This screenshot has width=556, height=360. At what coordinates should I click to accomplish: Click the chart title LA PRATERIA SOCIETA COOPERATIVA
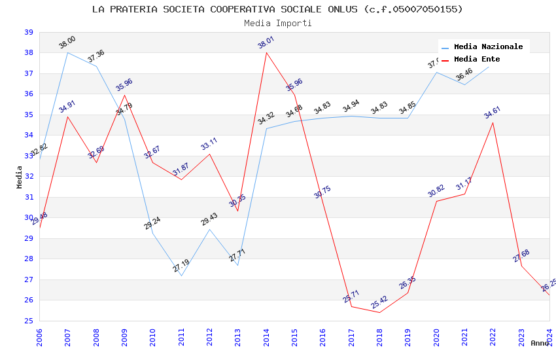(277, 9)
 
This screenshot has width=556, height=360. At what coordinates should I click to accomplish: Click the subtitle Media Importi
(277, 23)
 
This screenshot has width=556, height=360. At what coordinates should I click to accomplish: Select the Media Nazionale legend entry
(488, 46)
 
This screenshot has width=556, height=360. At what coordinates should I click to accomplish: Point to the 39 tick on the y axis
(28, 32)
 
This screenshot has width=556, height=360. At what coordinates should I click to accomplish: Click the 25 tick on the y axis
(28, 321)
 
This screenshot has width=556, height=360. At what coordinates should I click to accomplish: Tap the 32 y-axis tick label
(28, 177)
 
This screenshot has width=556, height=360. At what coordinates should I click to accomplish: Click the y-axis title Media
(20, 177)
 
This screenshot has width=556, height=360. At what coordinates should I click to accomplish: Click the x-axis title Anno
(540, 343)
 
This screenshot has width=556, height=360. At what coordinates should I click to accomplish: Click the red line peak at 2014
(266, 52)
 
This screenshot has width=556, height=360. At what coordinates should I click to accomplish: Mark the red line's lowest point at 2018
(379, 312)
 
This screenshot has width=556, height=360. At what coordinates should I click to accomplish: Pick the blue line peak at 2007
(68, 52)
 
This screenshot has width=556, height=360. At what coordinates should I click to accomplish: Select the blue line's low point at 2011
(181, 276)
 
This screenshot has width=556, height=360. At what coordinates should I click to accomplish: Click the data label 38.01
(266, 44)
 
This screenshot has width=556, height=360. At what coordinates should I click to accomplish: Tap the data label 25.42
(379, 303)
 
